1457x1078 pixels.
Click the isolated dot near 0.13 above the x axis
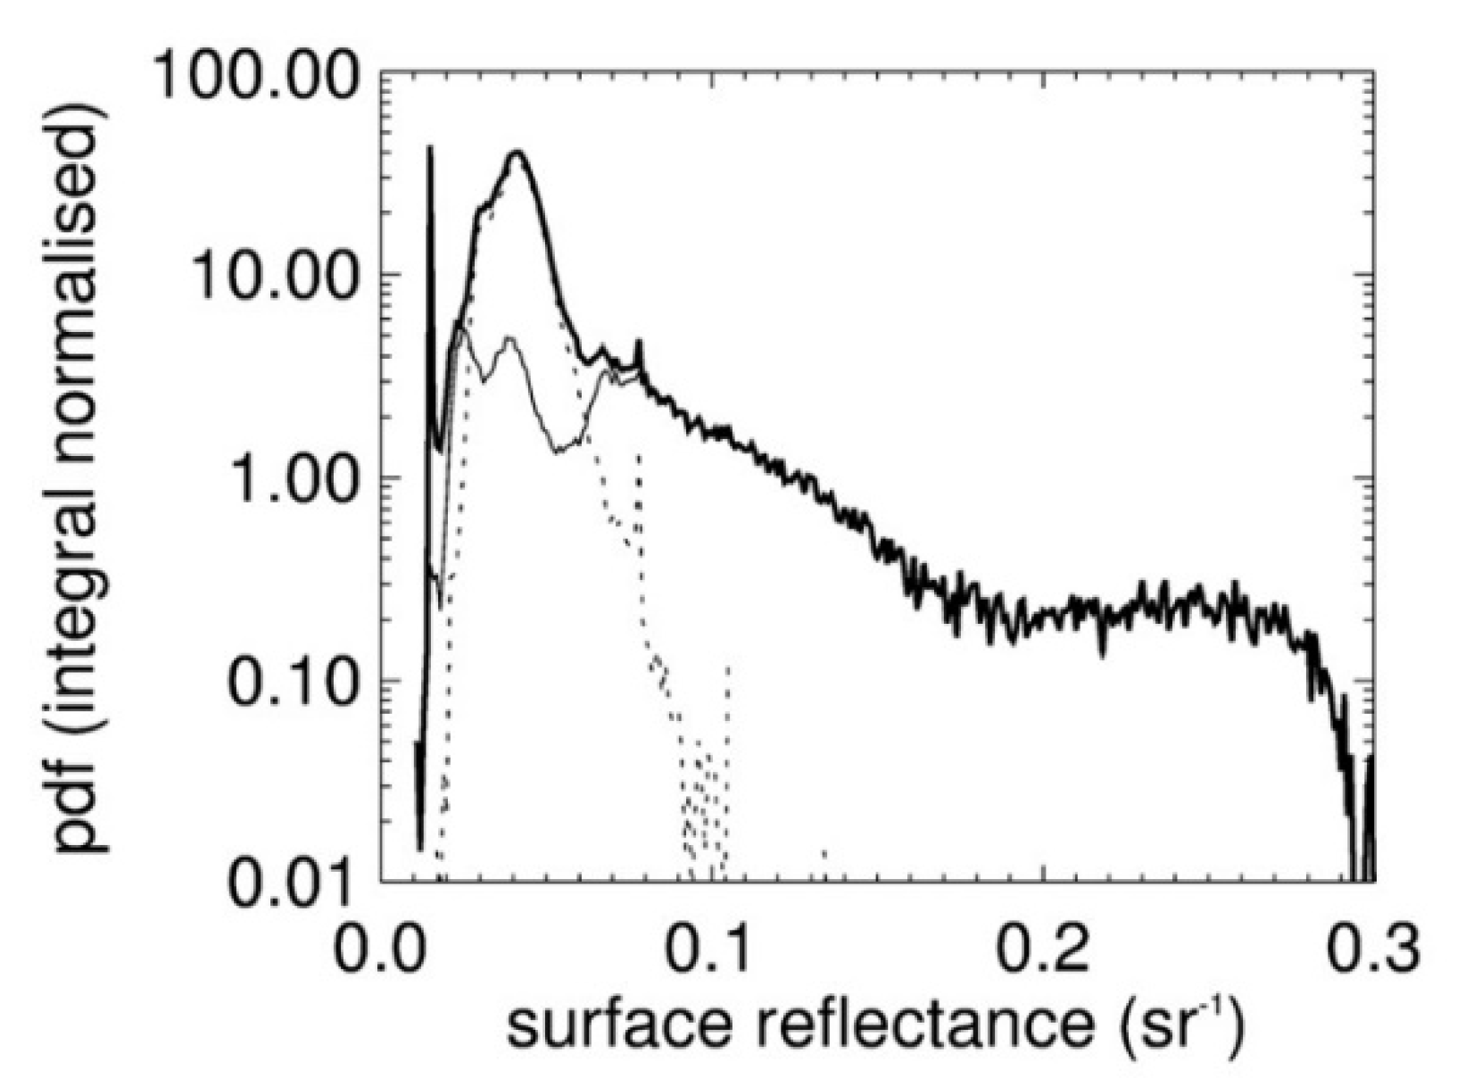pos(824,855)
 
